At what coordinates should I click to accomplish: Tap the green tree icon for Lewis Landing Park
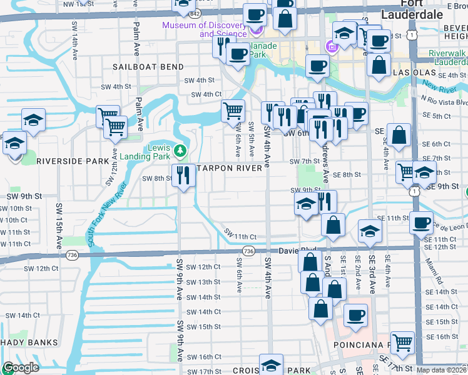click(180, 151)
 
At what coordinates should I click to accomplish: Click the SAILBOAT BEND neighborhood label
click(148, 67)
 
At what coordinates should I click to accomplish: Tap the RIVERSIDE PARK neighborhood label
click(73, 161)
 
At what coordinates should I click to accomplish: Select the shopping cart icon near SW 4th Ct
click(233, 111)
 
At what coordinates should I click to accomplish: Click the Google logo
click(21, 367)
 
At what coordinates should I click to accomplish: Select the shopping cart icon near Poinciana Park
click(402, 342)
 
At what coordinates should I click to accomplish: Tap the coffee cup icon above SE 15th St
click(355, 315)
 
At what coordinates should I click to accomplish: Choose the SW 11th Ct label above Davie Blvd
click(240, 237)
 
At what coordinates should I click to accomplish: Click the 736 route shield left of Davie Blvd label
click(248, 251)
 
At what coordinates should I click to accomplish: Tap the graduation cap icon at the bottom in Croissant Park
click(271, 364)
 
